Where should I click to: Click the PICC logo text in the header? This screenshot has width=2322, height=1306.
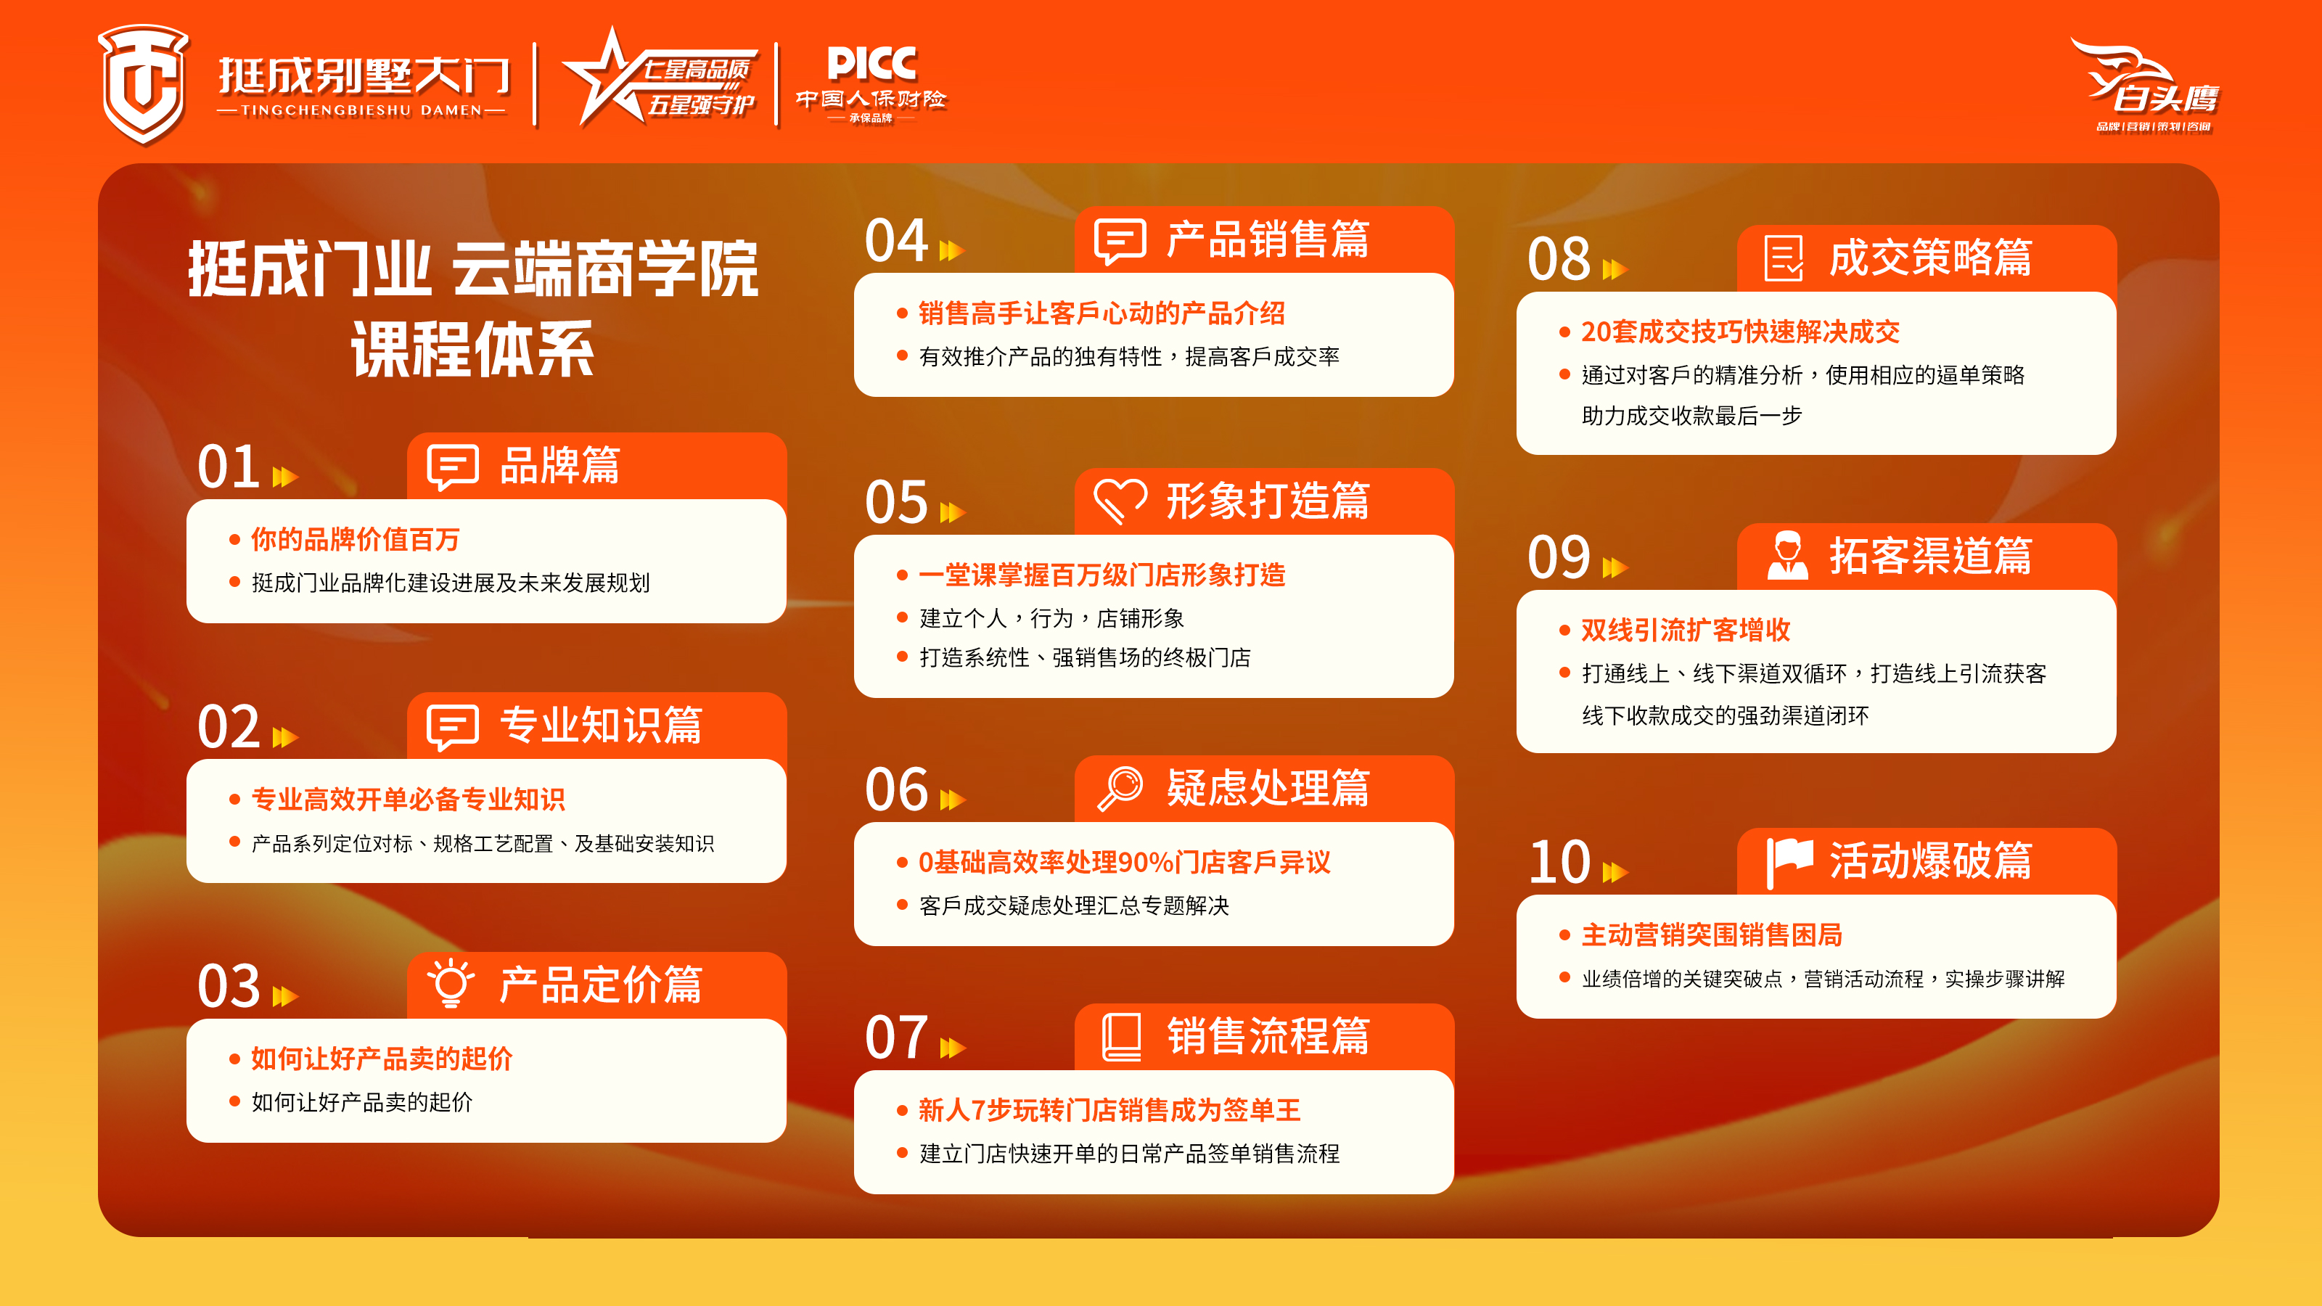[x=871, y=64]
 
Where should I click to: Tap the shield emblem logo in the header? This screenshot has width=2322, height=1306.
[x=144, y=84]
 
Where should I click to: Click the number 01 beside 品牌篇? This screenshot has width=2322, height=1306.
[x=229, y=467]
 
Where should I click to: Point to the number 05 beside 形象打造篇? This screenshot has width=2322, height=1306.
[x=896, y=502]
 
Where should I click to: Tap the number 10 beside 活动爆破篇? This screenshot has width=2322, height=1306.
[x=1559, y=863]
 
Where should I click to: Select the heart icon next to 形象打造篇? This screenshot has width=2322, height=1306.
[x=1120, y=500]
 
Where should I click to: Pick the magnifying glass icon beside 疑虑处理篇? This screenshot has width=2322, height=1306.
[x=1120, y=789]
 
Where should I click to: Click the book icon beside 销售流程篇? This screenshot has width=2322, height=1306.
[x=1121, y=1037]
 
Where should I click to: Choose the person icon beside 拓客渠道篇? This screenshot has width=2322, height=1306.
[x=1787, y=555]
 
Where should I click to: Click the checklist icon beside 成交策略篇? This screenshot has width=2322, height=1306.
[x=1784, y=259]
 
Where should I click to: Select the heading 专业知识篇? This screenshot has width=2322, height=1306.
[x=600, y=726]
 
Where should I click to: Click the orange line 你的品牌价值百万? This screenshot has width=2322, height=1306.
[x=355, y=539]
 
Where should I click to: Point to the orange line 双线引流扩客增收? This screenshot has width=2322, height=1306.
[x=1686, y=630]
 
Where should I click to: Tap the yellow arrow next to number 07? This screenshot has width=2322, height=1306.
[x=953, y=1047]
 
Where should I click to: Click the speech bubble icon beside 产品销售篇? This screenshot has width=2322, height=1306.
[x=1120, y=241]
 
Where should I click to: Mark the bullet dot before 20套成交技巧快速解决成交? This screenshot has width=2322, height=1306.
[x=1565, y=332]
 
